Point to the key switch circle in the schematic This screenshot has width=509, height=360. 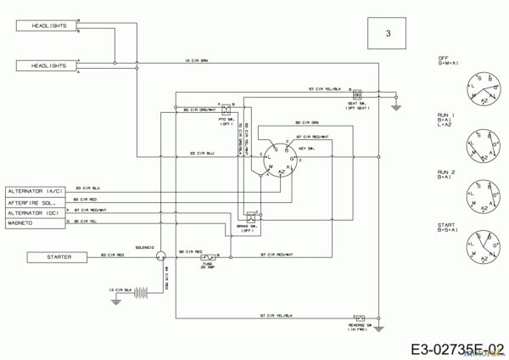pyautogui.click(x=277, y=158)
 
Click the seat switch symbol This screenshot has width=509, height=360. pyautogui.click(x=356, y=94)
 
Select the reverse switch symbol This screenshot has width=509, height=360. pyautogui.click(x=360, y=315)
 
